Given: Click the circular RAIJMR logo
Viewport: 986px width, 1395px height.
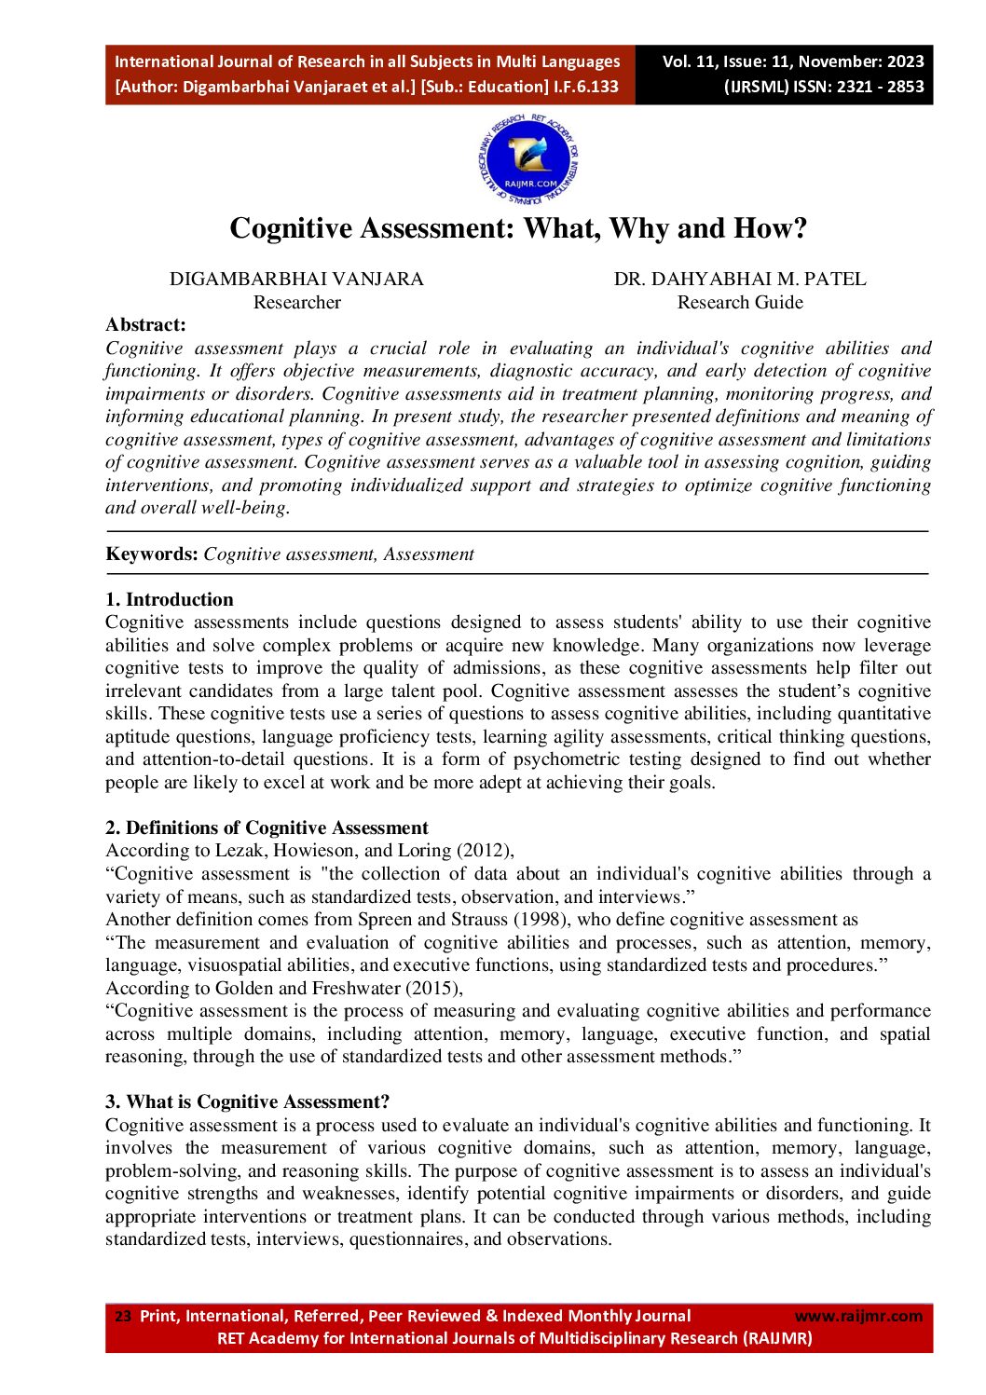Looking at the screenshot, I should [527, 159].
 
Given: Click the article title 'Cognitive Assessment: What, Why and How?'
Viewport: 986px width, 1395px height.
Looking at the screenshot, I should [518, 228].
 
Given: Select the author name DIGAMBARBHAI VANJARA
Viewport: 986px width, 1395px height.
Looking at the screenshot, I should [296, 279].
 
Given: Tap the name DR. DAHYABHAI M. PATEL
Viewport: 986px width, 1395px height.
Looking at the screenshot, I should [739, 279].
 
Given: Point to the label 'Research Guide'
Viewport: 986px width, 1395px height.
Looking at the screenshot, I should [739, 302].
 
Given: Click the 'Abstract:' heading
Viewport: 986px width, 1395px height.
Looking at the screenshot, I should [145, 324].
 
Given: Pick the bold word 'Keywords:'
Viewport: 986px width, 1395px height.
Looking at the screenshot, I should [152, 554].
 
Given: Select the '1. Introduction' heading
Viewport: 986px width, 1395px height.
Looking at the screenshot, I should [169, 599].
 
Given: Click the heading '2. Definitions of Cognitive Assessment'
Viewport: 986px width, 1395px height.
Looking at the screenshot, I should [267, 827].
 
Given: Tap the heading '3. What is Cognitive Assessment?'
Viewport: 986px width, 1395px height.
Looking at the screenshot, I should [247, 1101].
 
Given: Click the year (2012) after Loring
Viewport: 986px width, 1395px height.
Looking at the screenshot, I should [484, 850].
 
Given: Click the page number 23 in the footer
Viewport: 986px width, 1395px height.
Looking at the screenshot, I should [122, 1316].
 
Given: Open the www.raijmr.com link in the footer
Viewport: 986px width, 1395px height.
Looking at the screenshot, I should [857, 1316].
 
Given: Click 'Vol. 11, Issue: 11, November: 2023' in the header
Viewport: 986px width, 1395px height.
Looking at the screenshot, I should [792, 62].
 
